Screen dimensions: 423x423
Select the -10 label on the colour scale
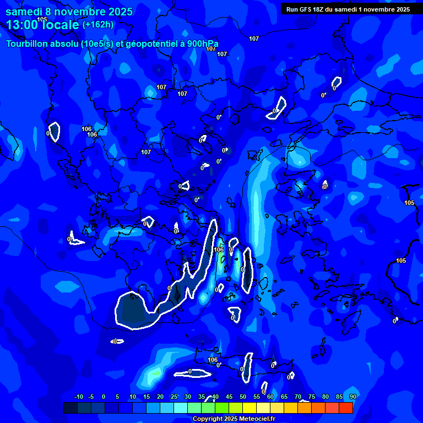point(78,397)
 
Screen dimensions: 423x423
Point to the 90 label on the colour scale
point(352,397)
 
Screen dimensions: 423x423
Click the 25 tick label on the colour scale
point(174,397)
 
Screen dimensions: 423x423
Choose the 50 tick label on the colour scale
point(243,397)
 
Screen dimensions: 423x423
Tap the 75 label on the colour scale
point(311,397)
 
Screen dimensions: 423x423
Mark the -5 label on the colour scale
point(91,397)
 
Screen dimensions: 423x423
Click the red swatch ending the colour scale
point(345,408)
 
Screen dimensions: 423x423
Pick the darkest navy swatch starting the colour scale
point(70,408)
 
